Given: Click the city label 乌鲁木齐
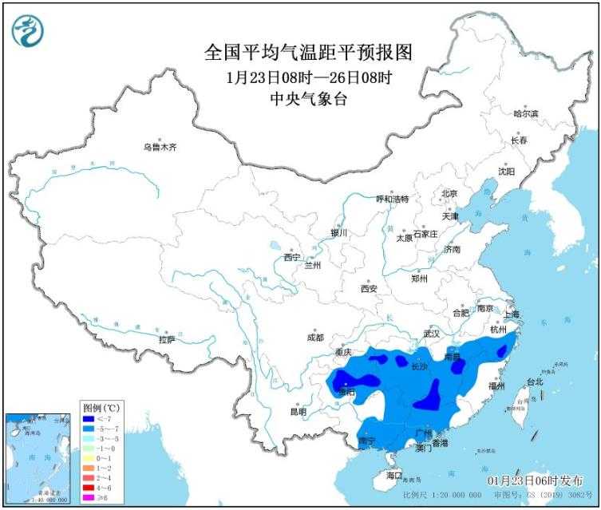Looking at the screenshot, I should click(159, 147).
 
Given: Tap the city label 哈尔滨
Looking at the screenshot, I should click(525, 114).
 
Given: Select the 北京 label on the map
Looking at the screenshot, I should click(449, 194).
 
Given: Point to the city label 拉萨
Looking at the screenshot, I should click(166, 339).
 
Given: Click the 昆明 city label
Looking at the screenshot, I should click(298, 412).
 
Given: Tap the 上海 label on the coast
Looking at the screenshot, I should click(510, 314).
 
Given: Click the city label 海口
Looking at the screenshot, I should click(393, 475).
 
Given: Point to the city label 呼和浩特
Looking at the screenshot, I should click(393, 199).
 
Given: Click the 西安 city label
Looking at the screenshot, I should click(368, 289).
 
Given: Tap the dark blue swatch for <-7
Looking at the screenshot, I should click(89, 420).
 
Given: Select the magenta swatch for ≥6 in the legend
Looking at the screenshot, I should click(89, 497).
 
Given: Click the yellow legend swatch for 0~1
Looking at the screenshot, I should click(89, 459).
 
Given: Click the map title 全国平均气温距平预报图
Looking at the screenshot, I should click(308, 53).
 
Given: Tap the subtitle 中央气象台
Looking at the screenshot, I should click(308, 99).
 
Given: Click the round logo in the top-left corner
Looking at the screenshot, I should click(28, 30).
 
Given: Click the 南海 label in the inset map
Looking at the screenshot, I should click(32, 458).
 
